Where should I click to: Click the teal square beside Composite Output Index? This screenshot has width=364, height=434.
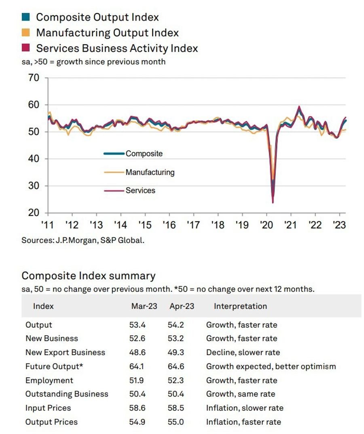(x=25, y=17)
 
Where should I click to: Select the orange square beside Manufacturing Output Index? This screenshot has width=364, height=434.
(x=25, y=32)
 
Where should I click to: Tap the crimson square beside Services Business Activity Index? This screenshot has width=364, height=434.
(x=25, y=48)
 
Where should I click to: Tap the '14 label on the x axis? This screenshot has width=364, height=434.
(x=121, y=225)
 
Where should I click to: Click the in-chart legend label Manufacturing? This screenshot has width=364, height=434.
(x=150, y=172)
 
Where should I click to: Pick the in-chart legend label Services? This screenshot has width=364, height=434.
(x=140, y=191)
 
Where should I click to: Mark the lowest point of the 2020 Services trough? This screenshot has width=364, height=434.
(x=273, y=203)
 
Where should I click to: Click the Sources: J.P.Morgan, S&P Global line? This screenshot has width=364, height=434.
(x=83, y=240)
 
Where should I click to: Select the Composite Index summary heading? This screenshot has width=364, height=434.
(x=88, y=276)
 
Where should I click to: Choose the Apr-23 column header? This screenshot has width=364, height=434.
(x=182, y=306)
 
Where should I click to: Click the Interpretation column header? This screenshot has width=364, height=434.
(x=240, y=306)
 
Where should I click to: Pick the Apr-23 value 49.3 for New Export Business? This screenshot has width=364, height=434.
(x=176, y=352)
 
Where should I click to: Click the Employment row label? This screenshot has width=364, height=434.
(x=49, y=380)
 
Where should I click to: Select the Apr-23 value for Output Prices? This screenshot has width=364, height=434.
(x=176, y=422)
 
